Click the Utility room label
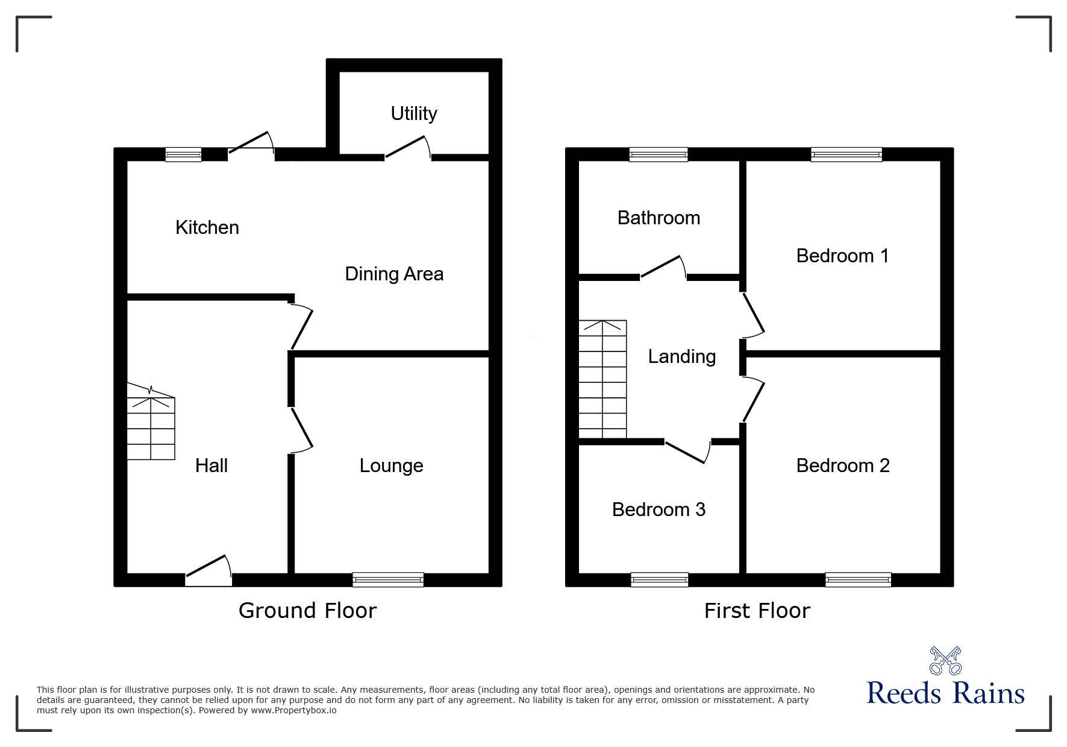click(414, 113)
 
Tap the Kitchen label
click(207, 227)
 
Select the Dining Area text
click(394, 274)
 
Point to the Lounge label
click(391, 465)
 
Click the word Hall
click(211, 465)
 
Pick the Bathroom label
click(659, 218)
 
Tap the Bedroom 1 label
click(842, 256)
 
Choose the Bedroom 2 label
click(843, 465)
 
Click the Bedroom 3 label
click(659, 509)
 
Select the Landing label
click(682, 356)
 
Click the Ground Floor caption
click(307, 611)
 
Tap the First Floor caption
click(757, 611)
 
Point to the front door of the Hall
click(208, 571)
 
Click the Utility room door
click(408, 148)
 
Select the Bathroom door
click(663, 268)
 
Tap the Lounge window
click(388, 579)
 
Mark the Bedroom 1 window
click(846, 154)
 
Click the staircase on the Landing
click(602, 379)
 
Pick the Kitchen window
click(184, 154)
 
